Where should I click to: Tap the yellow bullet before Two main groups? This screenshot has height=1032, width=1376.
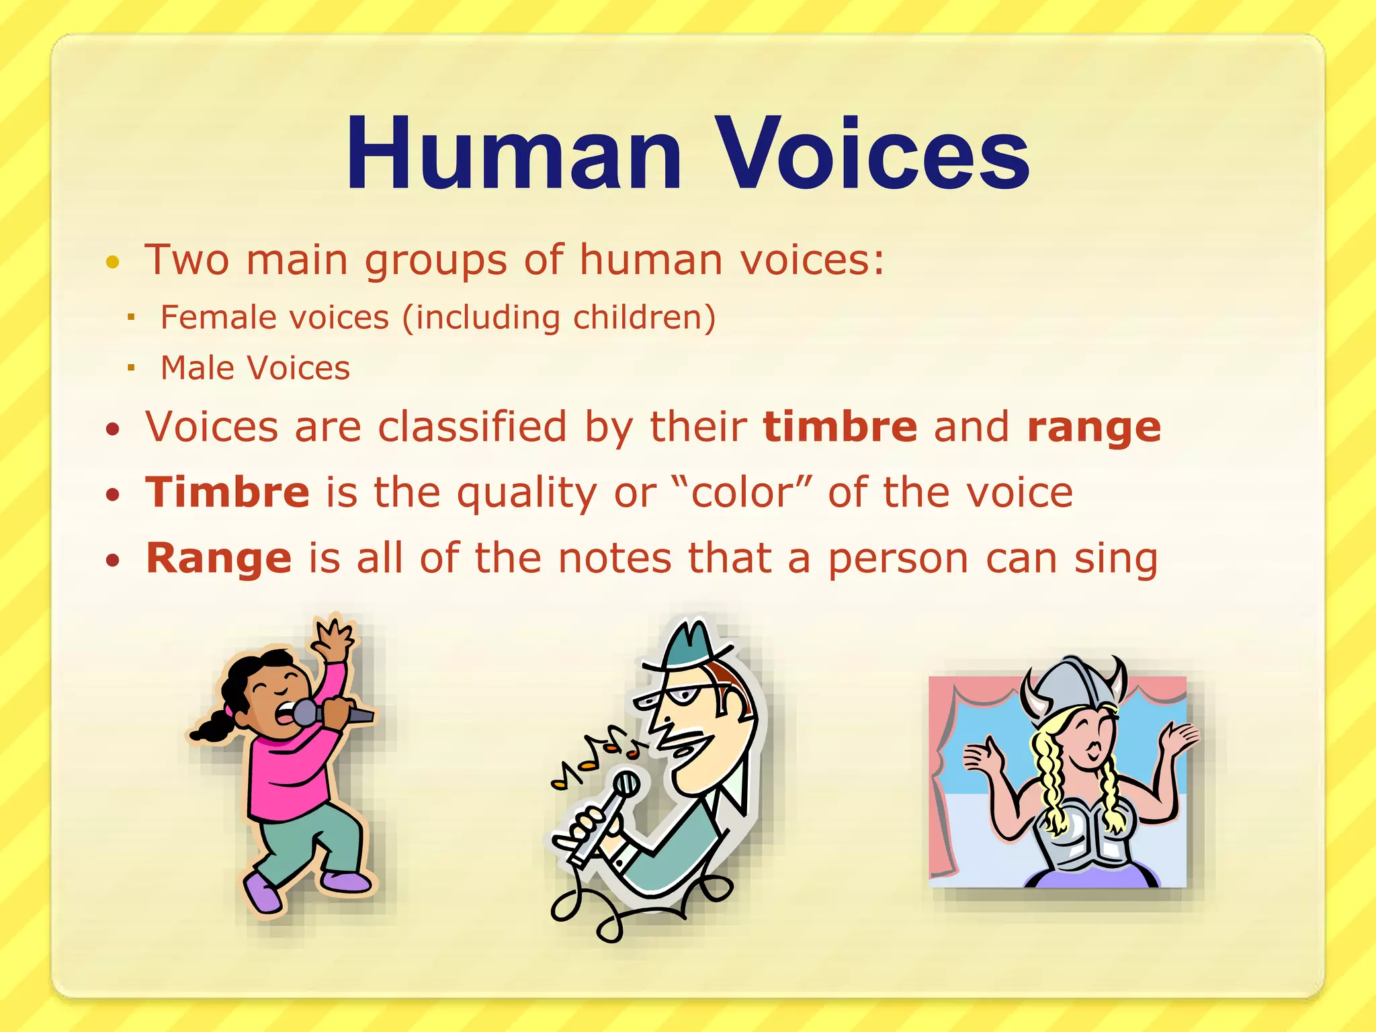(113, 262)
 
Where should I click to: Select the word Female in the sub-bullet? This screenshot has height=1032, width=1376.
(209, 317)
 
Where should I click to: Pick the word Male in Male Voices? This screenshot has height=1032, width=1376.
(198, 368)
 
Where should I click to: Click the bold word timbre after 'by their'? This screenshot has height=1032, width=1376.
(840, 427)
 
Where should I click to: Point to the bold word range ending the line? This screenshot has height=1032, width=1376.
(1094, 428)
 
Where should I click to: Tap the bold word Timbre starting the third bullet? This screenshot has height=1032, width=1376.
(228, 492)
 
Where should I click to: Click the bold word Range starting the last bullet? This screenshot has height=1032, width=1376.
(219, 558)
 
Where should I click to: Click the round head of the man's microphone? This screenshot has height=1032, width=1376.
(627, 783)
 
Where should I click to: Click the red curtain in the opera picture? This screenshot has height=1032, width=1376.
(941, 806)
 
